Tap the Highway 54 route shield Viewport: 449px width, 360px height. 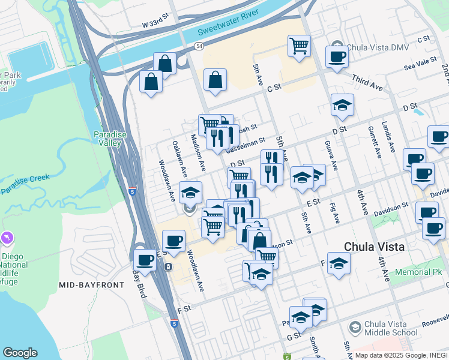(199, 46)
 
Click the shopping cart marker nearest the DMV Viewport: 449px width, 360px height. (299, 46)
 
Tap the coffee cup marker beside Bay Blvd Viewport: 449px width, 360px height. (145, 260)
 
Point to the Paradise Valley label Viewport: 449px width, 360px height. (110, 139)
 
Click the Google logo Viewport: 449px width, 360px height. (20, 353)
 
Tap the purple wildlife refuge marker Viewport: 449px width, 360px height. (7, 238)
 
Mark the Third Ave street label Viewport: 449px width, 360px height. (367, 86)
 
